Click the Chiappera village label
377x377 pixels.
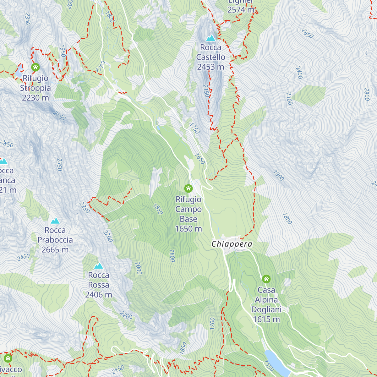(x=232, y=244)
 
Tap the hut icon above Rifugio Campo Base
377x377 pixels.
(x=188, y=188)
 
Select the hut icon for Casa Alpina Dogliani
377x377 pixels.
(x=266, y=279)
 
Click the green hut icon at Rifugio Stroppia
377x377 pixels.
(x=36, y=67)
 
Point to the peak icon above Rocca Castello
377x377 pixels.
(x=210, y=38)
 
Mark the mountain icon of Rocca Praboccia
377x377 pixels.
(x=55, y=221)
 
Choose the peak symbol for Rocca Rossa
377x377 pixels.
(x=99, y=266)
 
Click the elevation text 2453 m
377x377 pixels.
(x=210, y=67)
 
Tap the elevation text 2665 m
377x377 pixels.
(x=55, y=250)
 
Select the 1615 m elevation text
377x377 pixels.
(x=266, y=320)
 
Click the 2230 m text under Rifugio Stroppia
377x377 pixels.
(x=36, y=98)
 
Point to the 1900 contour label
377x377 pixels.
(x=278, y=176)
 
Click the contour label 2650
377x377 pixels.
(x=307, y=33)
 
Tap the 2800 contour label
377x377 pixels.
(x=366, y=94)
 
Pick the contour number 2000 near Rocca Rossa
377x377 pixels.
(x=138, y=268)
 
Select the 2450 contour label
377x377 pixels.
(x=24, y=257)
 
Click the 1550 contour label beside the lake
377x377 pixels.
(x=269, y=365)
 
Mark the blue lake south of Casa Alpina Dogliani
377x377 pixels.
(x=276, y=363)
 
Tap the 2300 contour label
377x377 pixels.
(x=289, y=98)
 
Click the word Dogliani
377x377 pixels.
(x=266, y=310)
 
